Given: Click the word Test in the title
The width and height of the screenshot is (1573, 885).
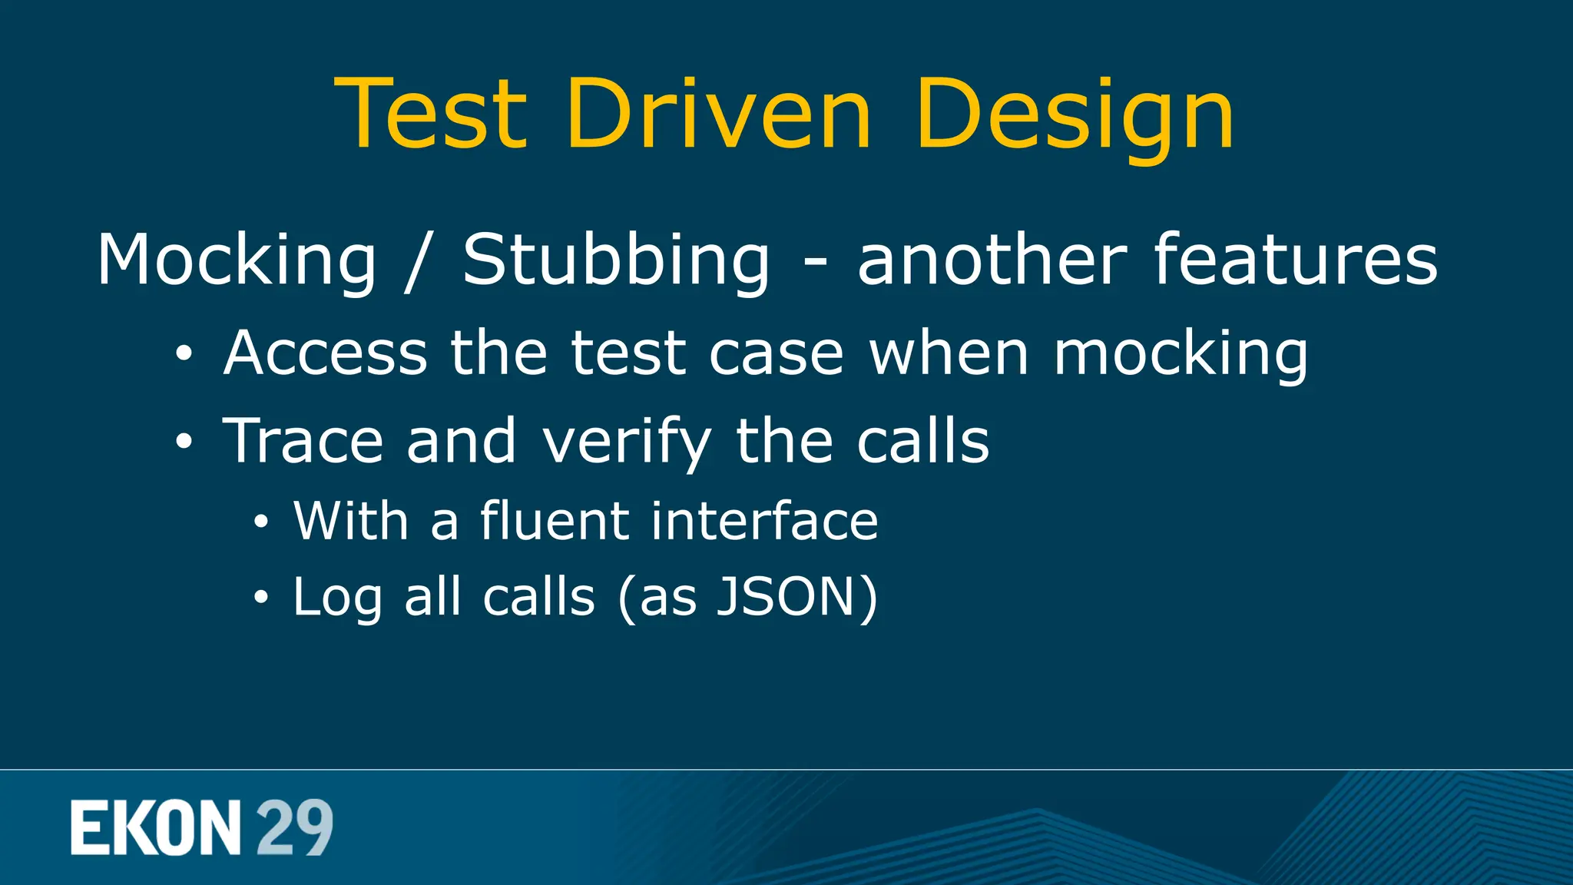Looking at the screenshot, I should [x=432, y=114].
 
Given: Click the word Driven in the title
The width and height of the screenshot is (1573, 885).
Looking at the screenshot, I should [x=719, y=114].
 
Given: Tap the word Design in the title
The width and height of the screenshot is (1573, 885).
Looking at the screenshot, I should [x=1074, y=115].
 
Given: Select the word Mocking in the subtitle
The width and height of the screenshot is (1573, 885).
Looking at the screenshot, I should [x=237, y=261].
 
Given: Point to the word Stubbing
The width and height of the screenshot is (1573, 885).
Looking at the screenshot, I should [x=616, y=261].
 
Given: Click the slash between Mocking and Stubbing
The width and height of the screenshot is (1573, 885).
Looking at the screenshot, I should [x=418, y=261].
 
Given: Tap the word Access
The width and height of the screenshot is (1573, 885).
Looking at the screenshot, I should [x=325, y=353].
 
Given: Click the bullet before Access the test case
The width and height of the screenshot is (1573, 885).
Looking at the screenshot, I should [x=184, y=354].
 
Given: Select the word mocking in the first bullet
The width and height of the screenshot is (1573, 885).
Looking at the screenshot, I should [x=1181, y=354].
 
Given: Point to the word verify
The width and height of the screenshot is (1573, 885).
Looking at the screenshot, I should [x=627, y=442].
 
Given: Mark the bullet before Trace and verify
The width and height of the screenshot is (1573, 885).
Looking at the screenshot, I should [x=184, y=442].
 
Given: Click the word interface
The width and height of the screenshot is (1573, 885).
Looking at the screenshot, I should [x=764, y=520].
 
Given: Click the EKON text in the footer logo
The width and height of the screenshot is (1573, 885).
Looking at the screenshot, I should [x=156, y=827].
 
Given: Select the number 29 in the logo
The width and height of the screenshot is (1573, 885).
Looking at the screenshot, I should [x=294, y=827].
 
